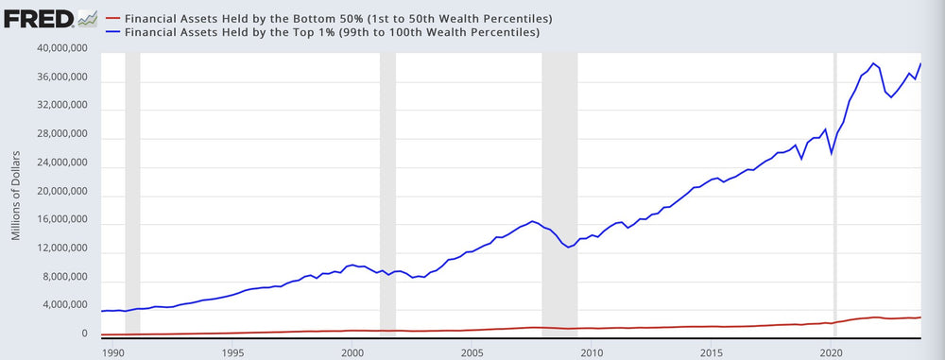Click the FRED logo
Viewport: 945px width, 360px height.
[50, 18]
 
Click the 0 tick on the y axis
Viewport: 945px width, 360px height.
[83, 334]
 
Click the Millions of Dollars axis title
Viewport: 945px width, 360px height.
[16, 193]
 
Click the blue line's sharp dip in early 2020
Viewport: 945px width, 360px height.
[831, 153]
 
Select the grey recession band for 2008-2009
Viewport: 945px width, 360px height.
[559, 189]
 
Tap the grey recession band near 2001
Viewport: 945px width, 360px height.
[387, 189]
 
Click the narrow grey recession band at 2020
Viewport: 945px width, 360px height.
[834, 189]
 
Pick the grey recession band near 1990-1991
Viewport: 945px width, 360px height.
[132, 189]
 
